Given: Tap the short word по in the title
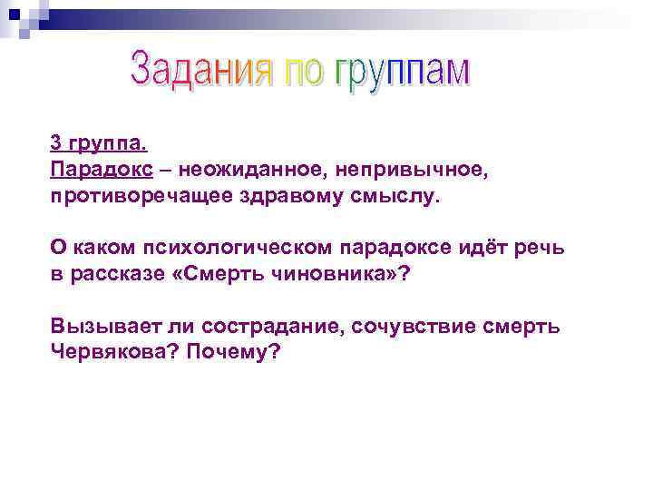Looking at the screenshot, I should [297, 73].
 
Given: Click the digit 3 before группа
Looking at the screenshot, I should [56, 143].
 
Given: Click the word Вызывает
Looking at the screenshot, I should [98, 328].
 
